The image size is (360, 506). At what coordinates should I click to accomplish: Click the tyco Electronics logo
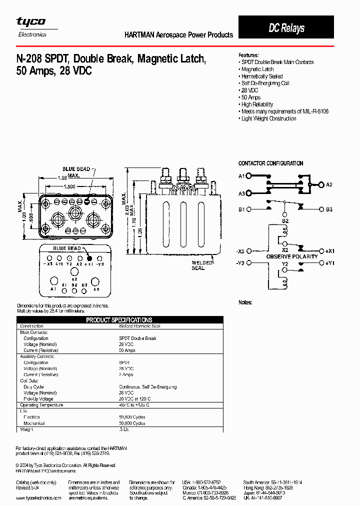pos(31,26)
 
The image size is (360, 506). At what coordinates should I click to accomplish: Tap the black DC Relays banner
pos(286,28)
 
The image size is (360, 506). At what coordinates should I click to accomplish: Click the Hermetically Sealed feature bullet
pos(261,76)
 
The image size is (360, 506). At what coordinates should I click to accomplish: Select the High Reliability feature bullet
pos(257,104)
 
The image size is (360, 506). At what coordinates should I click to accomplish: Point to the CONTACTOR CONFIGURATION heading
pos(270,163)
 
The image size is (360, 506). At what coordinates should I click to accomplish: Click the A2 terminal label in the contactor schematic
pos(329,184)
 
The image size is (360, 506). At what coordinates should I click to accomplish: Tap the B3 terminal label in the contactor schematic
pos(329,209)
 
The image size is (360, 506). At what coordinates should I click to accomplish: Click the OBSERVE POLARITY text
pos(292,256)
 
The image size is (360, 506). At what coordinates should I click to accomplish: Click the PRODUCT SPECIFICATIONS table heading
pos(119,320)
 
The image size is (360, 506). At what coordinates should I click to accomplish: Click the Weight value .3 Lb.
pos(124,429)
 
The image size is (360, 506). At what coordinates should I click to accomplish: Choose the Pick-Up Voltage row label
pos(38,399)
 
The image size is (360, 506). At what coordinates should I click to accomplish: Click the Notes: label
pos(245,302)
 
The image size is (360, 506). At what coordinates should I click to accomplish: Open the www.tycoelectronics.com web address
pos(38,498)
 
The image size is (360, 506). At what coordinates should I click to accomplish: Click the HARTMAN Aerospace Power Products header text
pos(178,35)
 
